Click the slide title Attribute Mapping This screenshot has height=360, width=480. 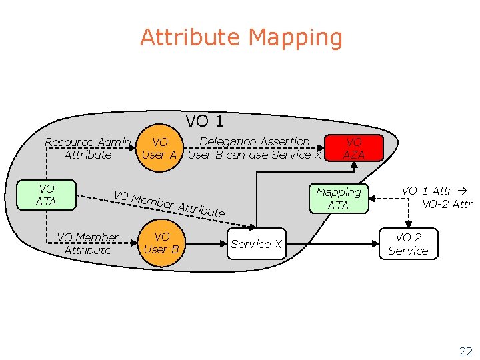[x=241, y=37]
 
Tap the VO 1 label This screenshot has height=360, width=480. [x=204, y=121]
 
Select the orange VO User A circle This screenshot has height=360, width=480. [x=160, y=148]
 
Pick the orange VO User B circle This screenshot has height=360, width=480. [x=161, y=243]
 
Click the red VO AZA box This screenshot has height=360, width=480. [x=353, y=148]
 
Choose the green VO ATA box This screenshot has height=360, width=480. [x=47, y=195]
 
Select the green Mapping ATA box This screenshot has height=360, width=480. [x=338, y=199]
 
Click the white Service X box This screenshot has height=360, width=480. [x=257, y=245]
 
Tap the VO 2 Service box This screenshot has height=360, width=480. [x=408, y=244]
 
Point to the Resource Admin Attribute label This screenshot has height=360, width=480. [x=87, y=148]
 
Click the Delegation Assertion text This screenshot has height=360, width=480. [x=255, y=141]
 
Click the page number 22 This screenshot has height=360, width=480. [x=465, y=351]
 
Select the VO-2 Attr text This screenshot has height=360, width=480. [x=447, y=204]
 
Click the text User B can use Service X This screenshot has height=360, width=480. [x=255, y=155]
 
